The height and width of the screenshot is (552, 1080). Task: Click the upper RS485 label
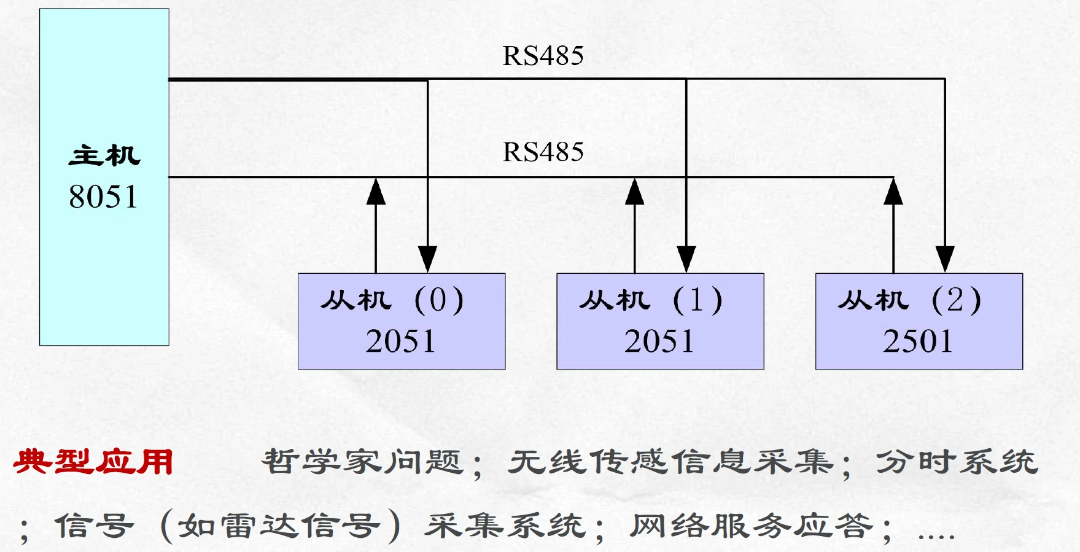(543, 56)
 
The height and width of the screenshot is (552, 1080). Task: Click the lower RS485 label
(543, 152)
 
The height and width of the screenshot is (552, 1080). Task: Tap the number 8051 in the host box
(103, 197)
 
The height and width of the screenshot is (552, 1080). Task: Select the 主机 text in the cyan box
(104, 156)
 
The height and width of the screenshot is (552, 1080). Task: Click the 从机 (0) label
(392, 301)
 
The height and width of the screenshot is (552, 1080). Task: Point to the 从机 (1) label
(651, 301)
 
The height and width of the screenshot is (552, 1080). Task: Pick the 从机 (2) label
(909, 301)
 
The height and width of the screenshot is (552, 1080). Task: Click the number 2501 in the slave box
(918, 341)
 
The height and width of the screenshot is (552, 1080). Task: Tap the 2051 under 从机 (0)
(400, 341)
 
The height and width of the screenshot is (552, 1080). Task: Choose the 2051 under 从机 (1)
(659, 341)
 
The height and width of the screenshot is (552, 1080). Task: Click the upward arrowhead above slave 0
(376, 192)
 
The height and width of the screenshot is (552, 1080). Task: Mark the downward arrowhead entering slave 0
(427, 259)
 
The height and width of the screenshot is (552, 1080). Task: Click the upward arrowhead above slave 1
(634, 192)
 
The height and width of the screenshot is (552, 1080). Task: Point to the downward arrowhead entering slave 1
(686, 259)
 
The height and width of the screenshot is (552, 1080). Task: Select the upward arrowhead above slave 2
(893, 192)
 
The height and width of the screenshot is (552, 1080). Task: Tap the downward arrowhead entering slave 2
(944, 259)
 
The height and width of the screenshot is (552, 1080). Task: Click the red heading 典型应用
(93, 462)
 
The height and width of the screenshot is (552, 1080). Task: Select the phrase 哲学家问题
(362, 462)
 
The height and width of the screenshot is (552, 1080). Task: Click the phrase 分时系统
(957, 462)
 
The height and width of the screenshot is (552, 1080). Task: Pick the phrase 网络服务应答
(752, 526)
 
